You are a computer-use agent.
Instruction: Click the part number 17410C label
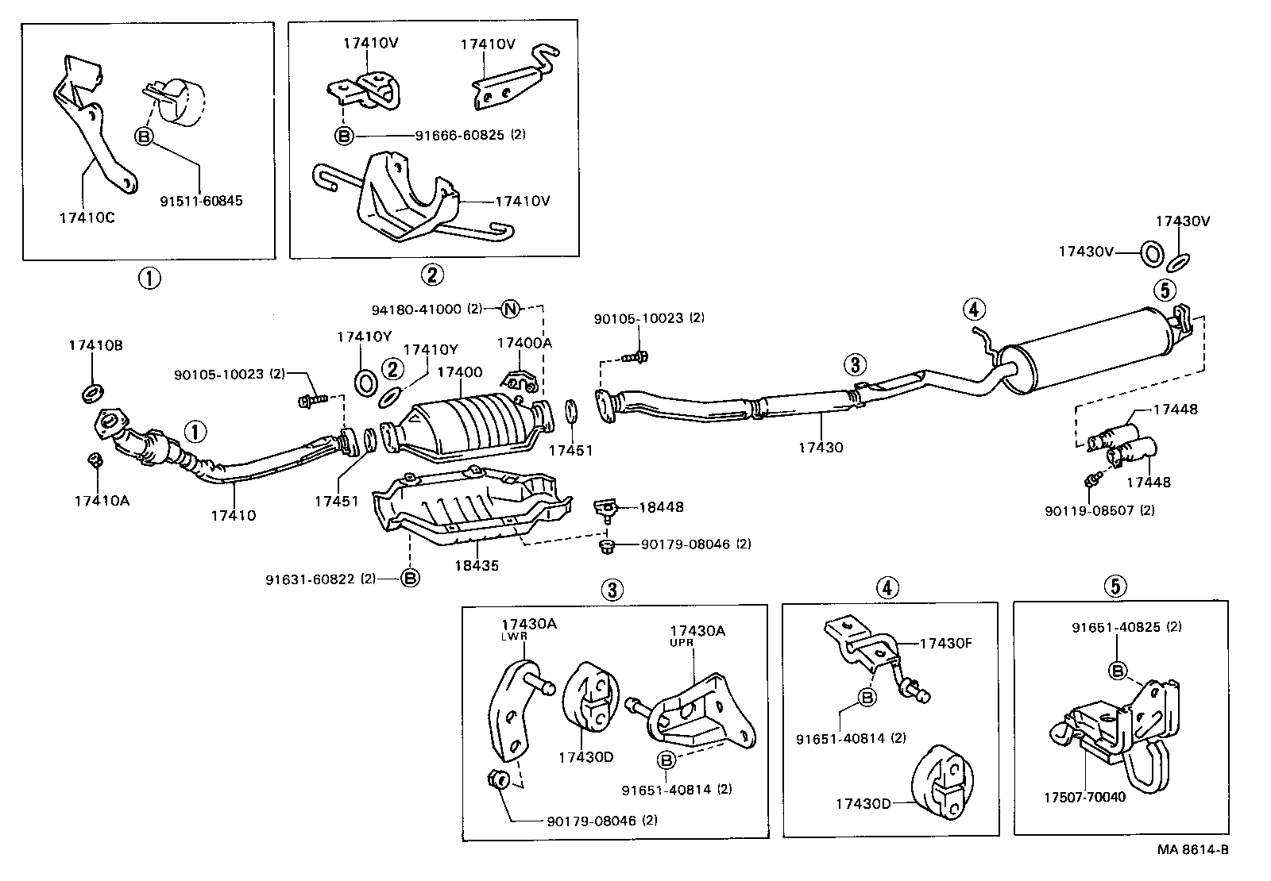pyautogui.click(x=87, y=218)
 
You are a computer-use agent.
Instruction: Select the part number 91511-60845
pyautogui.click(x=203, y=201)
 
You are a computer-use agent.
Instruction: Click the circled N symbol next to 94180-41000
pyautogui.click(x=511, y=309)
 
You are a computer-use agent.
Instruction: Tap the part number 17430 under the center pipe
pyautogui.click(x=821, y=448)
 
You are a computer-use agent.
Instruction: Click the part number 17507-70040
pyautogui.click(x=1086, y=797)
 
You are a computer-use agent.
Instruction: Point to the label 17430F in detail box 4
pyautogui.click(x=945, y=644)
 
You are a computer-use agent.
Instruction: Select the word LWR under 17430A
pyautogui.click(x=510, y=637)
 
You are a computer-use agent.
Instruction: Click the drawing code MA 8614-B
pyautogui.click(x=1192, y=849)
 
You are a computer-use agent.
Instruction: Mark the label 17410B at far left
pyautogui.click(x=95, y=345)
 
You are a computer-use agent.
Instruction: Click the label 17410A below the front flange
pyautogui.click(x=102, y=501)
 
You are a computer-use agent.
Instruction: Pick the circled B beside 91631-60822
pyautogui.click(x=410, y=579)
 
